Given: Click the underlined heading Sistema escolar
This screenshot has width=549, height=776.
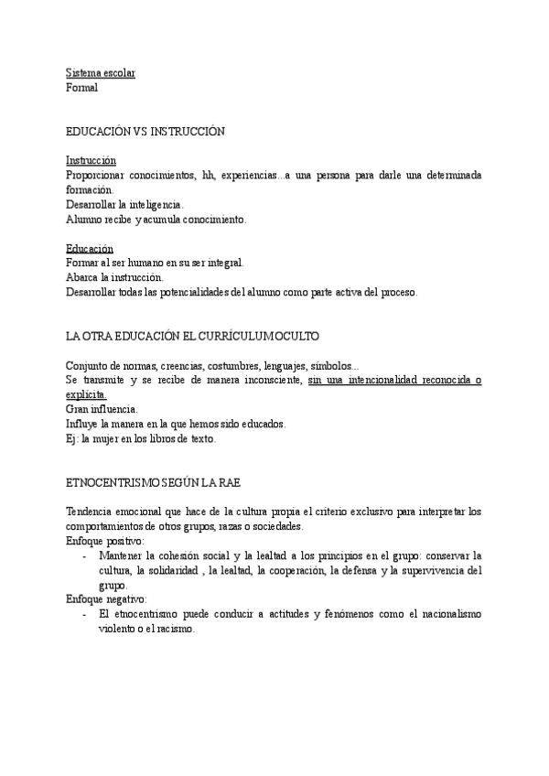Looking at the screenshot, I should tap(101, 72).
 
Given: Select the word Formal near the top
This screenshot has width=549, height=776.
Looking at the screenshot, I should tap(82, 88).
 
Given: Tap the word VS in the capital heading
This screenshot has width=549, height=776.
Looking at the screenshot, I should tap(141, 132).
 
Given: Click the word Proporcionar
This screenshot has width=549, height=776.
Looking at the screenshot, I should tap(99, 175).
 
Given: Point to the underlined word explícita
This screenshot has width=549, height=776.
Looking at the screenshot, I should tap(86, 394).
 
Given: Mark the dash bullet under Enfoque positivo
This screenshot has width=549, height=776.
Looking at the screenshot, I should tap(85, 555).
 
